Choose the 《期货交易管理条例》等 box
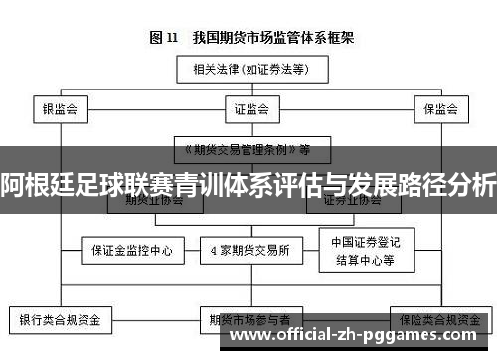(x=245, y=151)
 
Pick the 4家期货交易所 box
(x=249, y=250)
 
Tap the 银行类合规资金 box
(x=61, y=320)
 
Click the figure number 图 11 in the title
(x=163, y=38)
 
